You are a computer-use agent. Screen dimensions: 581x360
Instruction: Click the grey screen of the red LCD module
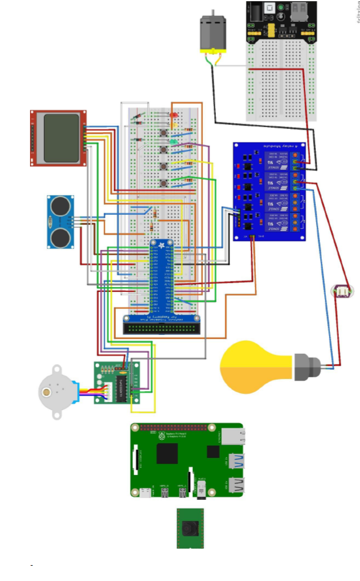(x=61, y=138)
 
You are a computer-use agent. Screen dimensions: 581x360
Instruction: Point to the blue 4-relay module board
(x=269, y=191)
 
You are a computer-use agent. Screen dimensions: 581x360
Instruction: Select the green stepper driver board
(x=117, y=383)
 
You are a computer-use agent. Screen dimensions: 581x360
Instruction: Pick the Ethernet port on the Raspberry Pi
(x=235, y=437)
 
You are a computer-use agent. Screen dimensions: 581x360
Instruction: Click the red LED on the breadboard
(x=174, y=114)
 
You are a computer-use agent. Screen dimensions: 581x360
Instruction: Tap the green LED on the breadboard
(x=174, y=142)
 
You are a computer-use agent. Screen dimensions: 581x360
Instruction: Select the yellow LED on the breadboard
(x=174, y=124)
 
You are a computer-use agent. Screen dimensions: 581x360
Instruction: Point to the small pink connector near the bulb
(x=341, y=290)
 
